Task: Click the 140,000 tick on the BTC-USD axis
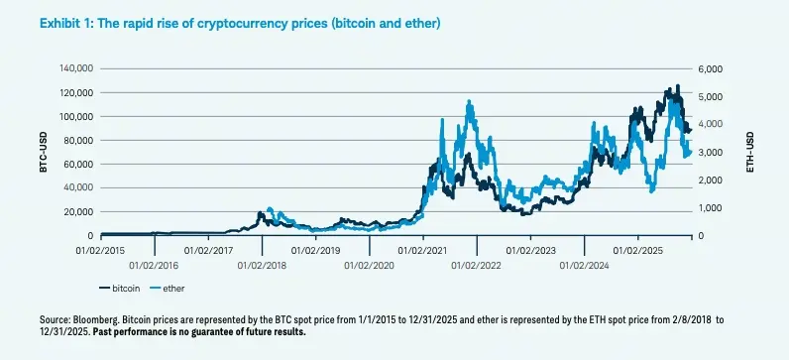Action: [x=75, y=68]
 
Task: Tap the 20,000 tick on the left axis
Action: [x=78, y=211]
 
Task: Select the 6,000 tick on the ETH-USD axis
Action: [x=712, y=68]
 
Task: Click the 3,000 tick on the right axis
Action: [x=712, y=152]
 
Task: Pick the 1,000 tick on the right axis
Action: [x=712, y=208]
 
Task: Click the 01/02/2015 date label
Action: [x=100, y=249]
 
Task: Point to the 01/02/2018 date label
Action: [x=262, y=265]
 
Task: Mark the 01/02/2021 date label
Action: [x=423, y=249]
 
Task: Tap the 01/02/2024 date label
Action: [x=585, y=265]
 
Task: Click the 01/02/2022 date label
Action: [x=477, y=265]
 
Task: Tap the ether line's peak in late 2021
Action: [x=468, y=102]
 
